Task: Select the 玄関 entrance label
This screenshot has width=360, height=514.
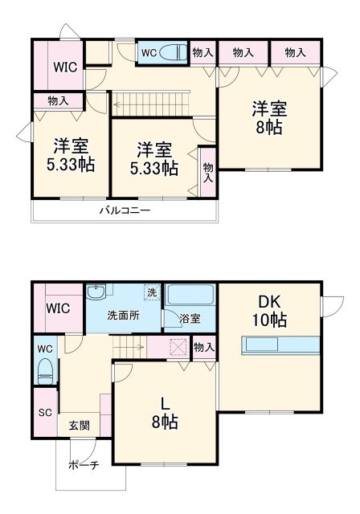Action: (x=79, y=426)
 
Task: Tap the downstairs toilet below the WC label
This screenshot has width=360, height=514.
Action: (x=46, y=372)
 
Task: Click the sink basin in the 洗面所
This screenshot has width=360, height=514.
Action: (x=95, y=292)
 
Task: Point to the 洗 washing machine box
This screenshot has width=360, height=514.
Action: (x=151, y=292)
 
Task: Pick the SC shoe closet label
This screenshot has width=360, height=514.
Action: (x=45, y=413)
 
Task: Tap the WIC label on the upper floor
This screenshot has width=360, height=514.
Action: (x=65, y=67)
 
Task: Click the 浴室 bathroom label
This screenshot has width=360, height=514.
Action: (x=190, y=319)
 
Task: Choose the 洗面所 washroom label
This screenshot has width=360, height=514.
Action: (x=123, y=315)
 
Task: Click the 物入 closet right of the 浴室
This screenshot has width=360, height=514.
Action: (x=204, y=347)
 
